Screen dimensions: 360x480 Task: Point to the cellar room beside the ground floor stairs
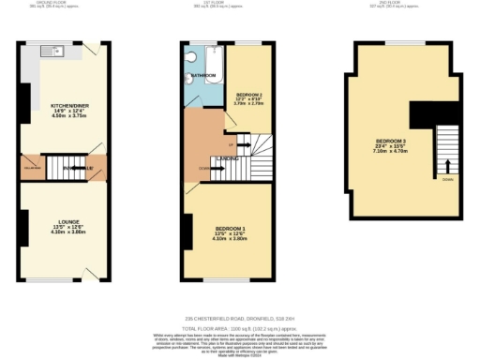pyautogui.click(x=30, y=170)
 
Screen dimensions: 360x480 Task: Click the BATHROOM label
pyautogui.click(x=206, y=75)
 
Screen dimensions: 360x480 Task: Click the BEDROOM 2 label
pyautogui.click(x=248, y=95)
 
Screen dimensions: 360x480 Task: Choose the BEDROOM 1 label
pyautogui.click(x=229, y=229)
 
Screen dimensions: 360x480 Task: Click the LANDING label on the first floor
pyautogui.click(x=229, y=159)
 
